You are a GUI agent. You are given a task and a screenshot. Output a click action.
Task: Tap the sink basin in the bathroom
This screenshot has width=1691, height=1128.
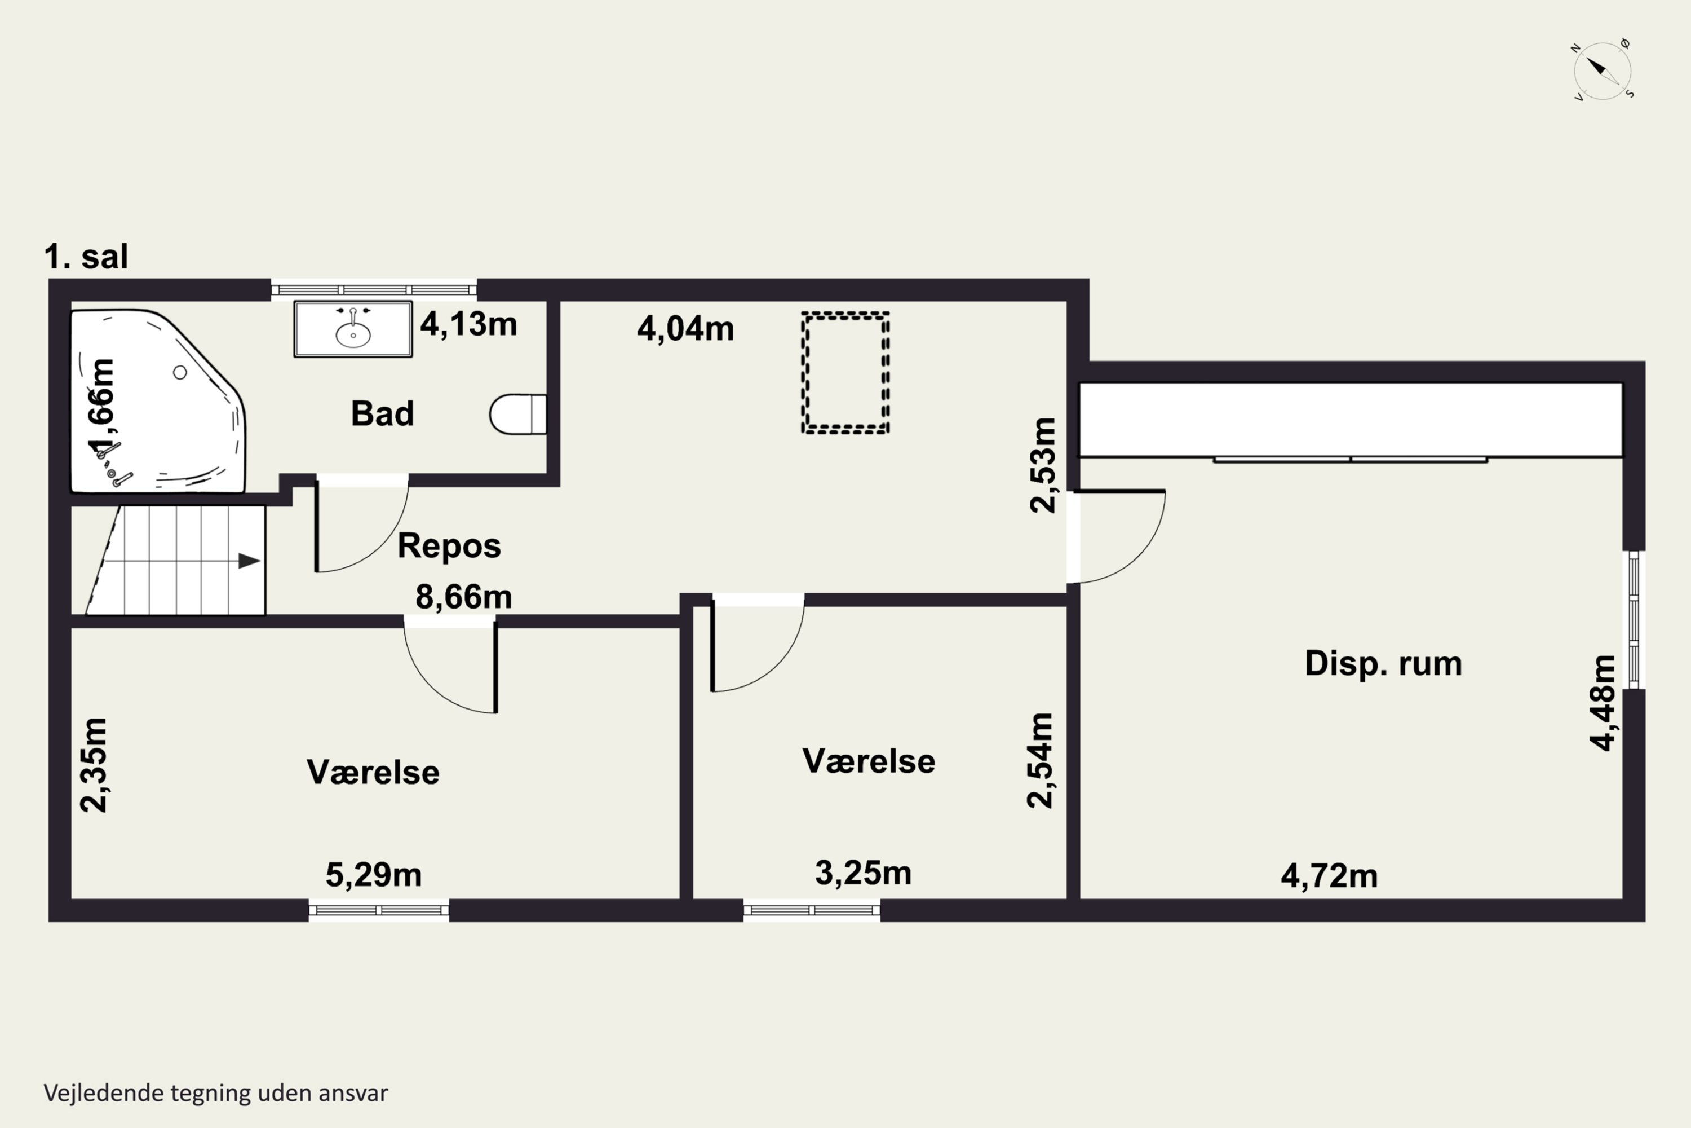(x=353, y=329)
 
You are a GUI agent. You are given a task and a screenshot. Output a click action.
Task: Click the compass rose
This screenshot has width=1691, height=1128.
(x=1602, y=70)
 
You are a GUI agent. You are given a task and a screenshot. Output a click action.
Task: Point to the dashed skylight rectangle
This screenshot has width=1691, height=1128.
(x=845, y=373)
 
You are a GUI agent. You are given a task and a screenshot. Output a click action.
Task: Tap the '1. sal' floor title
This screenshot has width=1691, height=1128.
(x=86, y=257)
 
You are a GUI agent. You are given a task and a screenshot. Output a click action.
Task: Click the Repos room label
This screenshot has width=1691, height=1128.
(x=449, y=545)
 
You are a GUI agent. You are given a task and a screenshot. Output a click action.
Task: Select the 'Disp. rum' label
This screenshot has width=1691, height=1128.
(x=1383, y=663)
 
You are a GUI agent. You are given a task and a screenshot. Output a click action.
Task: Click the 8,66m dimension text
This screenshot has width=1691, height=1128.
(x=464, y=597)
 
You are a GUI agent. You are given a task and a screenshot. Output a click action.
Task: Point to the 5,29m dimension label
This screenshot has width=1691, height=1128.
(x=374, y=875)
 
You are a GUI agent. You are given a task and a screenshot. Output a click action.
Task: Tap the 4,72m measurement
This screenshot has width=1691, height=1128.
(x=1329, y=876)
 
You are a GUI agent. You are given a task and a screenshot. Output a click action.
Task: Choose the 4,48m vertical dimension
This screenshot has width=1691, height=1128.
(x=1603, y=703)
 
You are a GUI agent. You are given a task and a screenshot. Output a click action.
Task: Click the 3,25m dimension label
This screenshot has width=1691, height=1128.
(x=863, y=873)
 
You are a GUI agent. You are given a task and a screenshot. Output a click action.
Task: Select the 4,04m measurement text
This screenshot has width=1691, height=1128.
(x=685, y=329)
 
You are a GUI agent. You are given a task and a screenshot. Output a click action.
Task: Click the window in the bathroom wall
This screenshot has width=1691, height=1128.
(x=374, y=290)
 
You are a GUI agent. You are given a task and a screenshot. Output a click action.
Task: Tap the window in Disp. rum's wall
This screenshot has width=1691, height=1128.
(x=1634, y=619)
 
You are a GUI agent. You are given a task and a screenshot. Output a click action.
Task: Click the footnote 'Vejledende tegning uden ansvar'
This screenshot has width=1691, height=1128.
(x=216, y=1093)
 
